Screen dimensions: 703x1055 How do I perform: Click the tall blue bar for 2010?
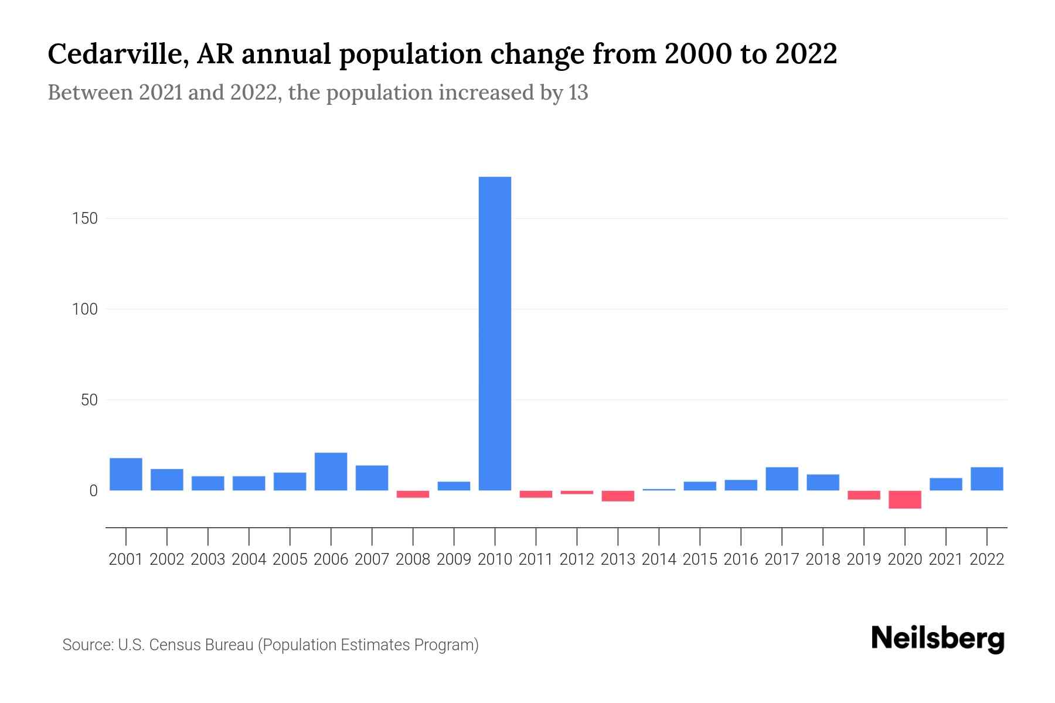click(x=495, y=333)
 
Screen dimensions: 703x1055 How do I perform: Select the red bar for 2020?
click(x=904, y=499)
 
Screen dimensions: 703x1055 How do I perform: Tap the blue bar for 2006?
click(x=331, y=472)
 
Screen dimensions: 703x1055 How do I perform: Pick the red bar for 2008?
click(x=413, y=494)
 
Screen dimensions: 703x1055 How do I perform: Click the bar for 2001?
click(x=125, y=474)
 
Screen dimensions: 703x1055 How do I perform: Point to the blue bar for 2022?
click(x=986, y=479)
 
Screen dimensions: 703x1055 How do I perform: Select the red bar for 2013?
click(x=618, y=496)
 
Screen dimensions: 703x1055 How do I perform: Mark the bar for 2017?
click(x=781, y=479)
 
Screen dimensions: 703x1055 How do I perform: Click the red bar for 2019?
click(x=863, y=495)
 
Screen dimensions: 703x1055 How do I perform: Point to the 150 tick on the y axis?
click(x=85, y=219)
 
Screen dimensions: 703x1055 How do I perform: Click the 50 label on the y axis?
click(x=89, y=400)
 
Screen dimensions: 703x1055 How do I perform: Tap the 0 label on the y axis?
click(x=93, y=491)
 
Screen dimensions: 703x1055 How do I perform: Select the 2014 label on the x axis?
click(x=659, y=559)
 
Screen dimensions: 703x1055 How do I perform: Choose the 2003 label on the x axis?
click(x=208, y=559)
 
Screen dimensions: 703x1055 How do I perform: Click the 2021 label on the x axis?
click(x=945, y=559)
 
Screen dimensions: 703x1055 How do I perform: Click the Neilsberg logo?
click(x=937, y=639)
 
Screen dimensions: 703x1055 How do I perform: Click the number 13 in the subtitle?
click(x=577, y=93)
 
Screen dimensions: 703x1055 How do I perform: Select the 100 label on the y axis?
click(x=85, y=309)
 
